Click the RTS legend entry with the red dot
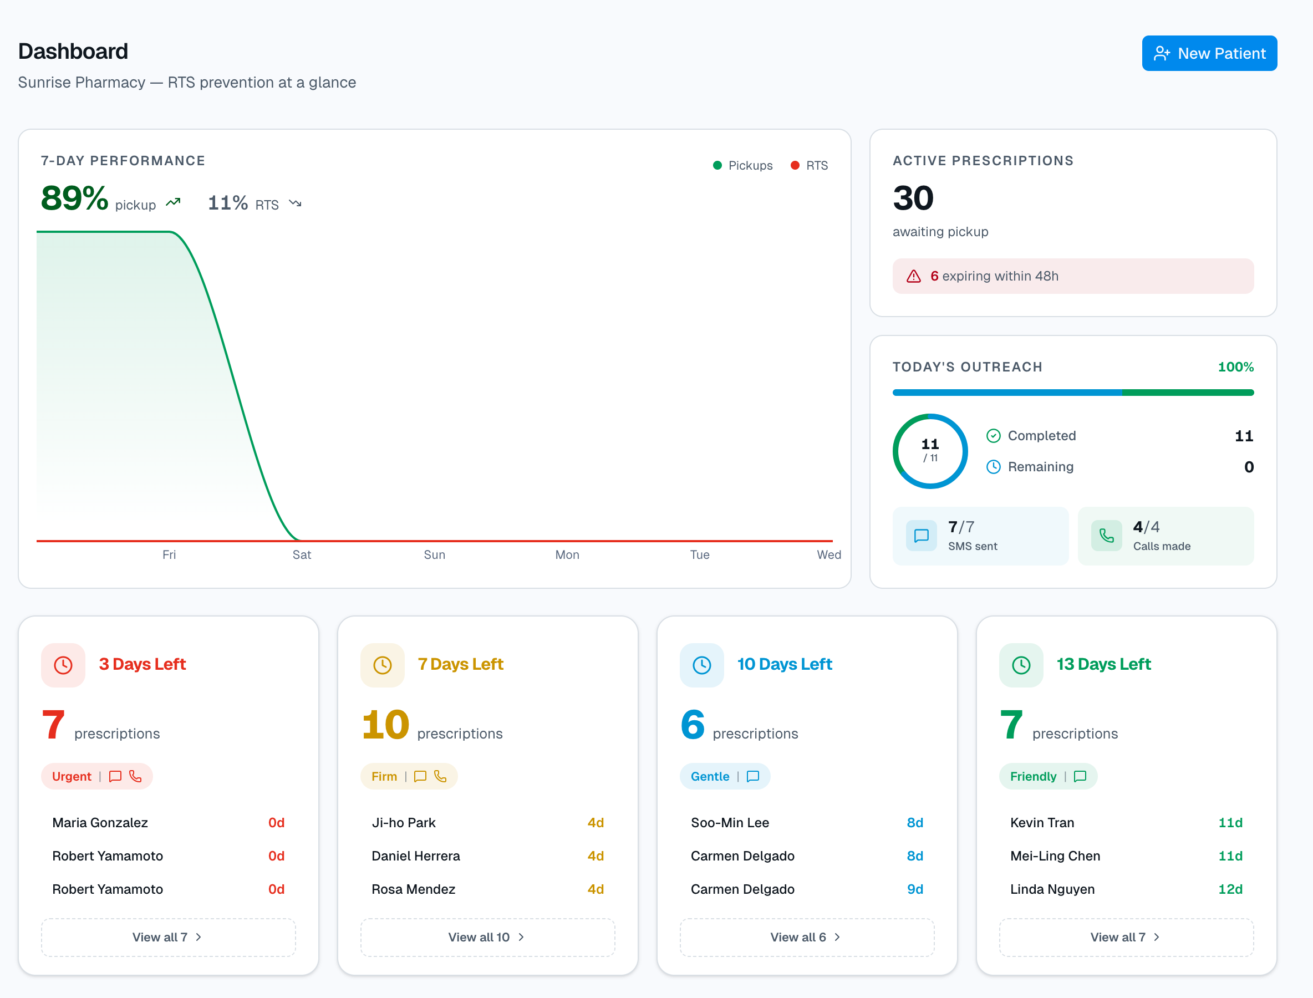(808, 166)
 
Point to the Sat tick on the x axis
(301, 554)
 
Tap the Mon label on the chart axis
(567, 554)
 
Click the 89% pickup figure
(75, 198)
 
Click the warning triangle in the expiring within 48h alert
(913, 276)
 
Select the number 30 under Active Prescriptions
(913, 198)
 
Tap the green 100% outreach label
(1235, 367)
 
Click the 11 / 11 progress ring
(930, 451)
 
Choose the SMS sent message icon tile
(921, 536)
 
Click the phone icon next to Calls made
(1106, 536)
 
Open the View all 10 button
(487, 937)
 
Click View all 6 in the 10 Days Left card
(806, 937)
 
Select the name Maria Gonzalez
(100, 823)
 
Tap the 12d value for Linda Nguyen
(1230, 889)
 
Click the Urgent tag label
(72, 776)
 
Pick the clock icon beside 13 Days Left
(1021, 665)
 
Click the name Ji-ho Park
(404, 823)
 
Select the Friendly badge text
(1032, 776)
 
